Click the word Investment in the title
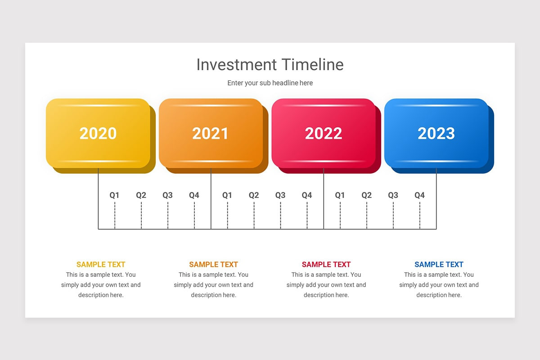pos(237,65)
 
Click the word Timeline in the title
pos(313,65)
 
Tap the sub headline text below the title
pos(270,83)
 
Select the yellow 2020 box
pos(98,133)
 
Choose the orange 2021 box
pos(211,133)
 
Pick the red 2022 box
pos(323,133)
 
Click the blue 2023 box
pos(436,133)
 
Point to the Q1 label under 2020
pos(115,195)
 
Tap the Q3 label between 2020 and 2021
pos(168,195)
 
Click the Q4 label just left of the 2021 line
pos(194,195)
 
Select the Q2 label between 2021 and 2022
pos(254,195)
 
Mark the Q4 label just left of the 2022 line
pos(307,195)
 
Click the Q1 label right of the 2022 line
pos(340,195)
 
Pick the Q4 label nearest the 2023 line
pos(419,195)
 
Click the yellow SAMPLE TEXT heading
pos(101,265)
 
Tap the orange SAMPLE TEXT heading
pos(213,265)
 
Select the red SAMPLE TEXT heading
pos(326,265)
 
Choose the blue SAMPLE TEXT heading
pos(439,265)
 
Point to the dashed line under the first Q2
pos(141,216)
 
